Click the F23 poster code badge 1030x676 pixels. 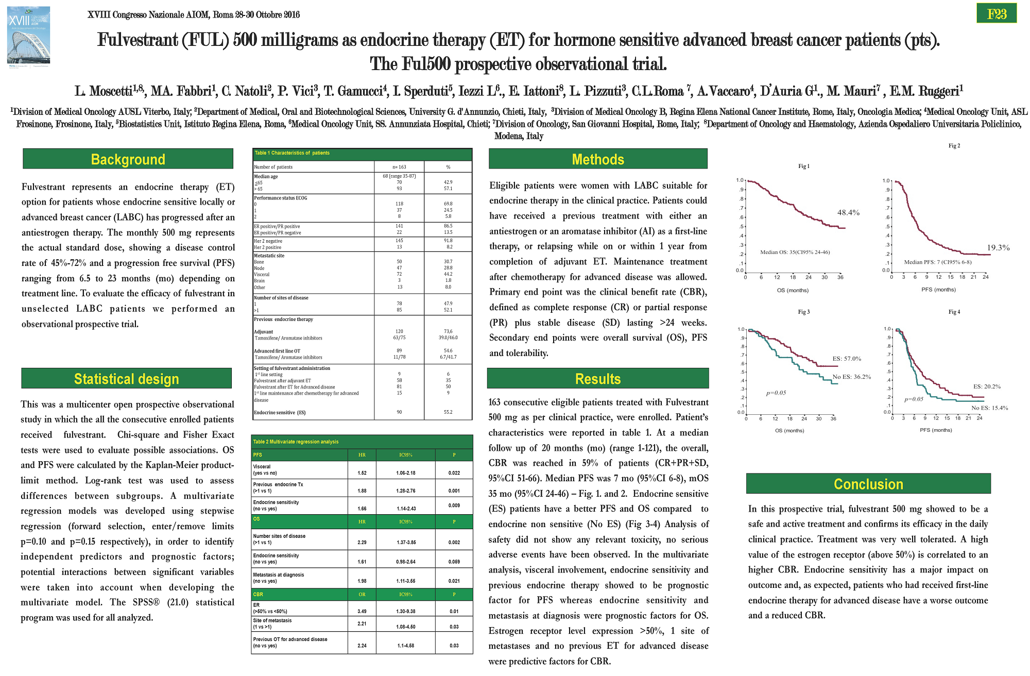997,14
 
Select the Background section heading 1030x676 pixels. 128,159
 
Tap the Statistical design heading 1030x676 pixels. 127,379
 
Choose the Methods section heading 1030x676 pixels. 598,159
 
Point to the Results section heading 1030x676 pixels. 598,379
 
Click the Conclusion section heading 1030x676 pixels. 868,484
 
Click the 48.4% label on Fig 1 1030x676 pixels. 848,212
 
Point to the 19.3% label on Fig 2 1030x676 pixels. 998,248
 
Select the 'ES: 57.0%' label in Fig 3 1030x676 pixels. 847,359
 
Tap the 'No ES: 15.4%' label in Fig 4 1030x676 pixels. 990,408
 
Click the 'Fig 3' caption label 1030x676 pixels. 804,312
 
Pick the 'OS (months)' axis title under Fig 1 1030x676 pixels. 793,290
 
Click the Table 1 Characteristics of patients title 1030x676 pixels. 292,153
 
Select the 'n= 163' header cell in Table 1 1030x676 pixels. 399,167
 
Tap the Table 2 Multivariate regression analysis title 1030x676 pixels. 296,442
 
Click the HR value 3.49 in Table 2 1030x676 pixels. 362,611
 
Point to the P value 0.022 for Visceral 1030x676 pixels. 454,472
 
